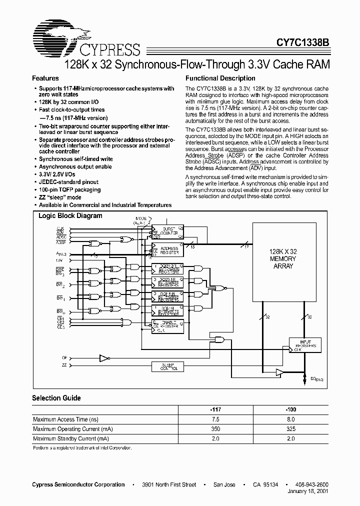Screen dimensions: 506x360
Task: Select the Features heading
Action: (x=45, y=78)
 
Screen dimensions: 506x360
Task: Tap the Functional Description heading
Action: (x=220, y=78)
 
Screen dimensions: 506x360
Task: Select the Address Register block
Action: (x=167, y=249)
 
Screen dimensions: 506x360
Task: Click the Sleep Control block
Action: (x=167, y=367)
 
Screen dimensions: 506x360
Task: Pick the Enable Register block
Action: (x=167, y=326)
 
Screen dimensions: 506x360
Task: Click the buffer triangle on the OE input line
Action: (x=103, y=358)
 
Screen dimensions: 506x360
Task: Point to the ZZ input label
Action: (x=64, y=366)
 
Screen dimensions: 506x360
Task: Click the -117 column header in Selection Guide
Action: (x=216, y=409)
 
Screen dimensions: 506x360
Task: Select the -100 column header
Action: (x=291, y=409)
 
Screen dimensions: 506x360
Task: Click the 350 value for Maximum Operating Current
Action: (x=216, y=429)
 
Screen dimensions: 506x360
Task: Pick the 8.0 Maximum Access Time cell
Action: (x=291, y=419)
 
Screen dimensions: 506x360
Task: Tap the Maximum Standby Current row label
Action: (x=70, y=438)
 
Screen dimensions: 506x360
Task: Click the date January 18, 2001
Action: (x=308, y=492)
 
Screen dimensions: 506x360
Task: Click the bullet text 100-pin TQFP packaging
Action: (x=70, y=189)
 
